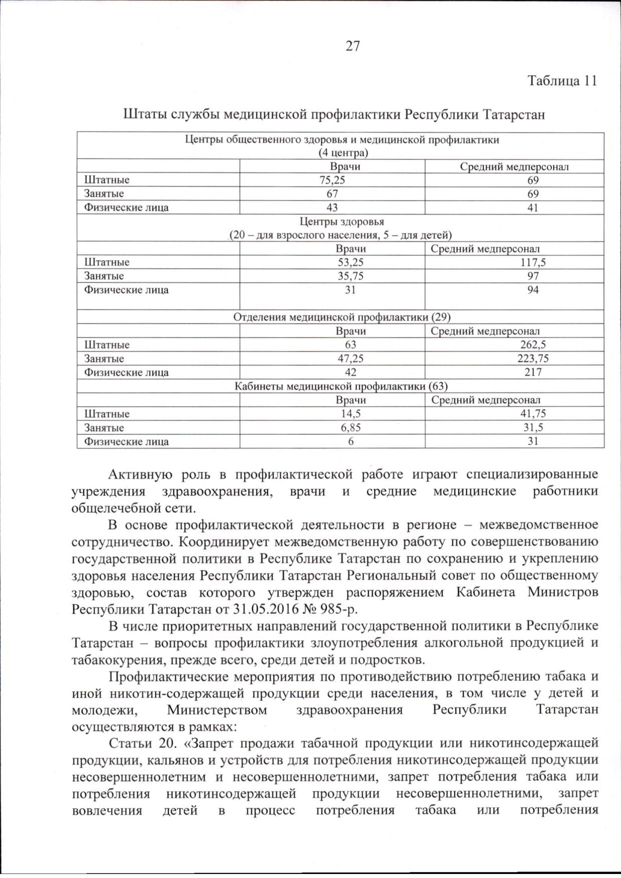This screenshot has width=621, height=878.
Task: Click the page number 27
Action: point(353,46)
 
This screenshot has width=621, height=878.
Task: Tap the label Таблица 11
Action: point(562,81)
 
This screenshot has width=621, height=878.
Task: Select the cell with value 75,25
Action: point(332,180)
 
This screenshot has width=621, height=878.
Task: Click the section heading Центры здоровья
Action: point(342,221)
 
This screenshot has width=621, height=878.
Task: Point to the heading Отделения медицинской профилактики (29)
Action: point(342,317)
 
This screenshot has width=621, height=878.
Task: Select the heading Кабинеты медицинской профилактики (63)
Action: point(342,386)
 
